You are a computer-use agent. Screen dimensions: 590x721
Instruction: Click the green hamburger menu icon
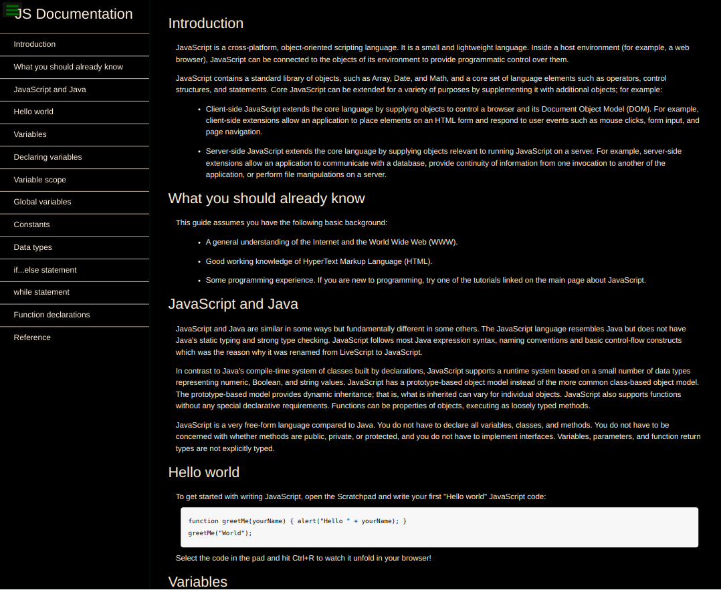tap(12, 10)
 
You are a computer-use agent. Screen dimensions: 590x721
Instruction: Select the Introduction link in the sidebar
tap(35, 44)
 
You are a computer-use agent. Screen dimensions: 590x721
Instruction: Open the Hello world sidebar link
tap(33, 112)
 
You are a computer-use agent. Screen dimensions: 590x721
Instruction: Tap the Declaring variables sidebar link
tap(47, 157)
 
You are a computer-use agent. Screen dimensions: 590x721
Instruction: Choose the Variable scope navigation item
tap(39, 180)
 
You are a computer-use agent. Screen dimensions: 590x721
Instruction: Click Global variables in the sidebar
tap(42, 202)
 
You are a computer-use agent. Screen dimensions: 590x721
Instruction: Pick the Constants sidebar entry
tap(31, 225)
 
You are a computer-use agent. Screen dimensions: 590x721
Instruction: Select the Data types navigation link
tap(33, 247)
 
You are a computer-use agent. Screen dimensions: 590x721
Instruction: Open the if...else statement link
tap(45, 270)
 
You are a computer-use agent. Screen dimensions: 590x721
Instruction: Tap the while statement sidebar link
tap(41, 292)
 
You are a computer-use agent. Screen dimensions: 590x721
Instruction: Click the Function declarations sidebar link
tap(51, 315)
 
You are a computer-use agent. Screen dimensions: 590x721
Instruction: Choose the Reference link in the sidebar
tap(32, 337)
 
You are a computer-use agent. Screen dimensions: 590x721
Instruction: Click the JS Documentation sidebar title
tap(74, 14)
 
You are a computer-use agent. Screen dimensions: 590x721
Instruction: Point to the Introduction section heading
tap(205, 23)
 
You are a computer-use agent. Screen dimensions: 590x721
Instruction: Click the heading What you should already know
tap(266, 198)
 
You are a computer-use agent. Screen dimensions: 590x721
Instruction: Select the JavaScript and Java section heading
tap(233, 304)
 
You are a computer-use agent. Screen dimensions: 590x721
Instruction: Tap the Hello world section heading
tap(203, 472)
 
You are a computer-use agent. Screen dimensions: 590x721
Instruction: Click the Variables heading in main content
tap(197, 581)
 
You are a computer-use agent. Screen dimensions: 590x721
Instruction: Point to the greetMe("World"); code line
tap(220, 533)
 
